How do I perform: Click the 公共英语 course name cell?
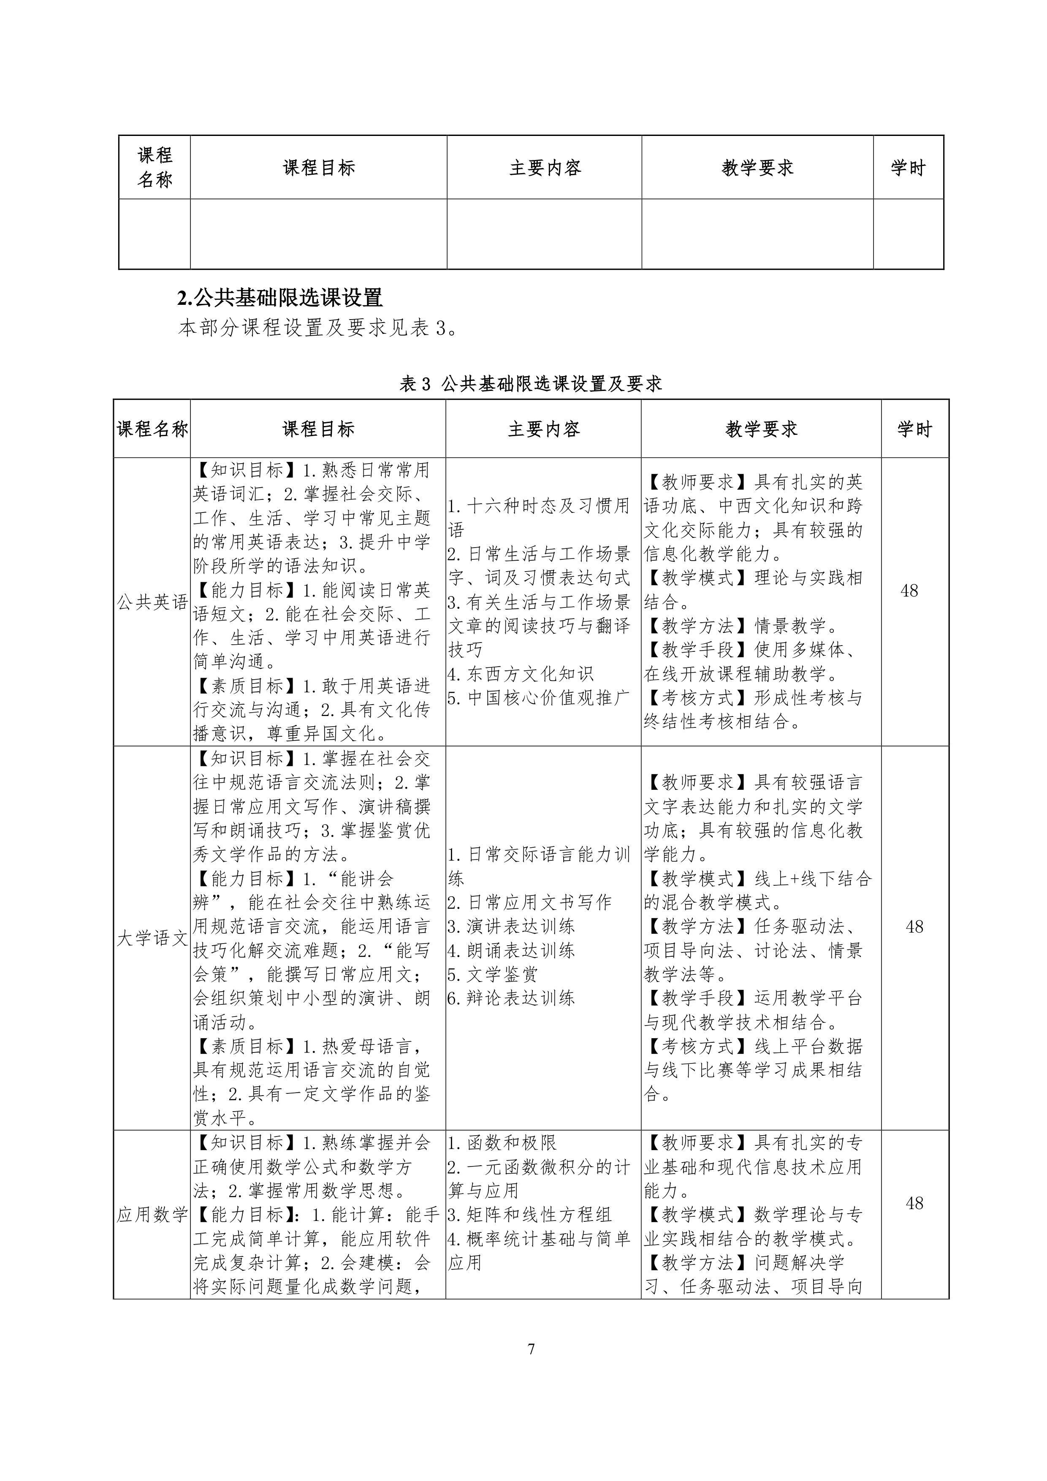pyautogui.click(x=152, y=602)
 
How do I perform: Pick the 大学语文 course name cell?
pyautogui.click(x=152, y=938)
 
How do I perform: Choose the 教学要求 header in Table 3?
pyautogui.click(x=761, y=429)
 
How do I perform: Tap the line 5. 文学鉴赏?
pyautogui.click(x=493, y=974)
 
